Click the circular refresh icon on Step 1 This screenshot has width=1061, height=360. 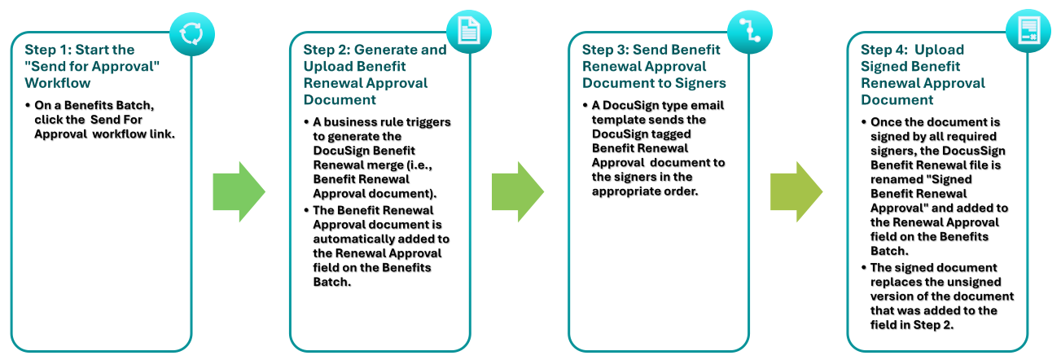(193, 33)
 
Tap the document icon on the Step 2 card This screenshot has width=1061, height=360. (469, 33)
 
